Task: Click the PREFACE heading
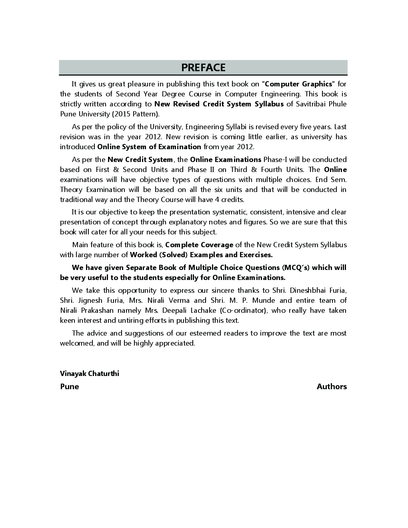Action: [x=203, y=68]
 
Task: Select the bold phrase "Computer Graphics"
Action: [x=298, y=84]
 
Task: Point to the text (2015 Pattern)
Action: [x=137, y=114]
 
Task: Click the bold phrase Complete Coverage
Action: [x=199, y=245]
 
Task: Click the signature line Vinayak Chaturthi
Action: [x=90, y=374]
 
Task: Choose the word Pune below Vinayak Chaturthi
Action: [x=70, y=386]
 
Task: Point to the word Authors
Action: [x=332, y=386]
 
